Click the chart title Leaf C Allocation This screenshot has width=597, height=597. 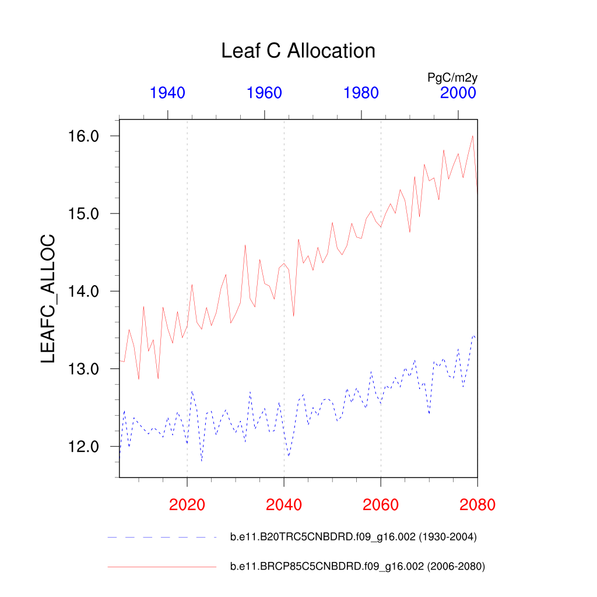(298, 51)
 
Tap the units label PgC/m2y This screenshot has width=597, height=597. (452, 77)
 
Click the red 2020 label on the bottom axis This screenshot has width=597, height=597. (187, 504)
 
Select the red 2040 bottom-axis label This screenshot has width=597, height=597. (284, 504)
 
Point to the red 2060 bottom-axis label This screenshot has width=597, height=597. (381, 504)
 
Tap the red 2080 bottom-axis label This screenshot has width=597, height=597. (477, 504)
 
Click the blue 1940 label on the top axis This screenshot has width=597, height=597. (168, 93)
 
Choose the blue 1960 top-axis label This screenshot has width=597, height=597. (265, 93)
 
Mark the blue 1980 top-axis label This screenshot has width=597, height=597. (361, 93)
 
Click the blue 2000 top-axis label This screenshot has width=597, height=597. (458, 93)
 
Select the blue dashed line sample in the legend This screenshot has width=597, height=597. (161, 537)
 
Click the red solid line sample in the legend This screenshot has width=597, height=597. (161, 566)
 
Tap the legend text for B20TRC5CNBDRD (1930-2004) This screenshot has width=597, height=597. (353, 538)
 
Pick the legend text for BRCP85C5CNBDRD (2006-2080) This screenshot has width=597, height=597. (357, 566)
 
